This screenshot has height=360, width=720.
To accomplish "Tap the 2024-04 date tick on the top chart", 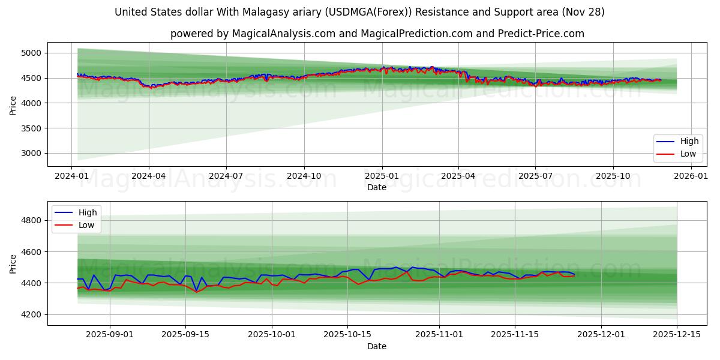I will pyautogui.click(x=149, y=176).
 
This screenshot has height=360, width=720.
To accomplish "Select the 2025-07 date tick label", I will pyautogui.click(x=535, y=176).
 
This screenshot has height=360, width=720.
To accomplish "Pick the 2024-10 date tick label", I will pyautogui.click(x=304, y=176).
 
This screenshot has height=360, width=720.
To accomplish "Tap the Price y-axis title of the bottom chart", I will pyautogui.click(x=13, y=263).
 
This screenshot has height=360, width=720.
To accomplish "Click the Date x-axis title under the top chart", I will pyautogui.click(x=377, y=187).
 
